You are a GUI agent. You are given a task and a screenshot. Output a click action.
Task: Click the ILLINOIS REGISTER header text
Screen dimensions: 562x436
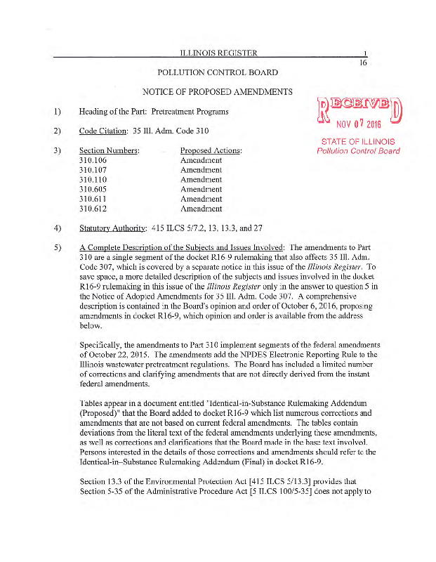click(218, 53)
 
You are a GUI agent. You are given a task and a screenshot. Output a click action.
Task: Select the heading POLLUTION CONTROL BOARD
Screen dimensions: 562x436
click(218, 72)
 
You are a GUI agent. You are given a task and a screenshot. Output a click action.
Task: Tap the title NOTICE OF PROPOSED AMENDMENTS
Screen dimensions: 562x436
click(218, 92)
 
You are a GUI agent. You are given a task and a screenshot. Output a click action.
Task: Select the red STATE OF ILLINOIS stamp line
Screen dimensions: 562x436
click(358, 141)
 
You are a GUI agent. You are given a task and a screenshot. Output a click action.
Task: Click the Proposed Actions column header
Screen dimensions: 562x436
click(211, 151)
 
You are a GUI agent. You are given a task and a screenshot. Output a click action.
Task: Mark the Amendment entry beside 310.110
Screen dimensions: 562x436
click(201, 180)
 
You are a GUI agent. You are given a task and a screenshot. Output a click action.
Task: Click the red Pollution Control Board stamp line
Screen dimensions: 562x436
click(358, 151)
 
